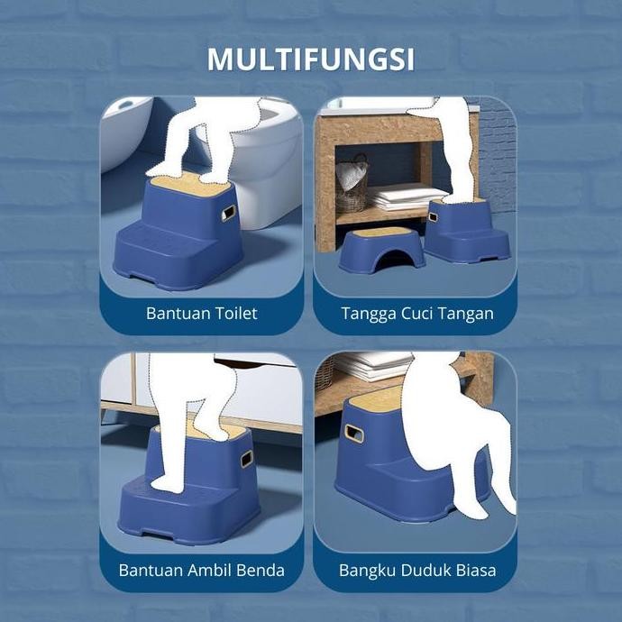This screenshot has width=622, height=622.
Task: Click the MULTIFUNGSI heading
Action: click(x=311, y=59)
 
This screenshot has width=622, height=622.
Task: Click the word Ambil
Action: click(x=207, y=570)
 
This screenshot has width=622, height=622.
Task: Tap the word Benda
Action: click(x=259, y=570)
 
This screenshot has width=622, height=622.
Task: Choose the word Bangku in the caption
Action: click(x=366, y=570)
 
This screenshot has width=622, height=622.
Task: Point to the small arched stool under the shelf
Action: click(x=381, y=249)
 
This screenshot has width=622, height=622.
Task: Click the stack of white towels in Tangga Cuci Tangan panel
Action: click(x=406, y=197)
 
